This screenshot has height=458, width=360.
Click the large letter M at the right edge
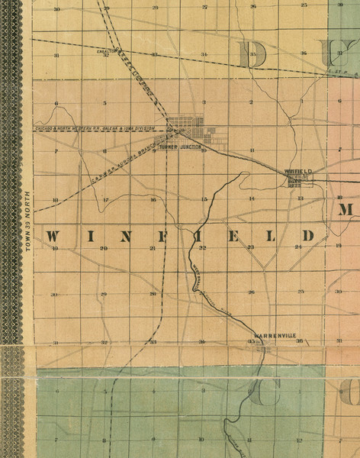[344, 211]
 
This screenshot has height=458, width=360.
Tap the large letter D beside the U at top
[253, 53]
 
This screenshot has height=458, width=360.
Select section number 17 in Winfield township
[105, 200]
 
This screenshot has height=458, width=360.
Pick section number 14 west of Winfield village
[251, 199]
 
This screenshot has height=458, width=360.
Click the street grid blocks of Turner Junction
[187, 125]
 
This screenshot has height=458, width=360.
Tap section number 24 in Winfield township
[299, 248]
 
